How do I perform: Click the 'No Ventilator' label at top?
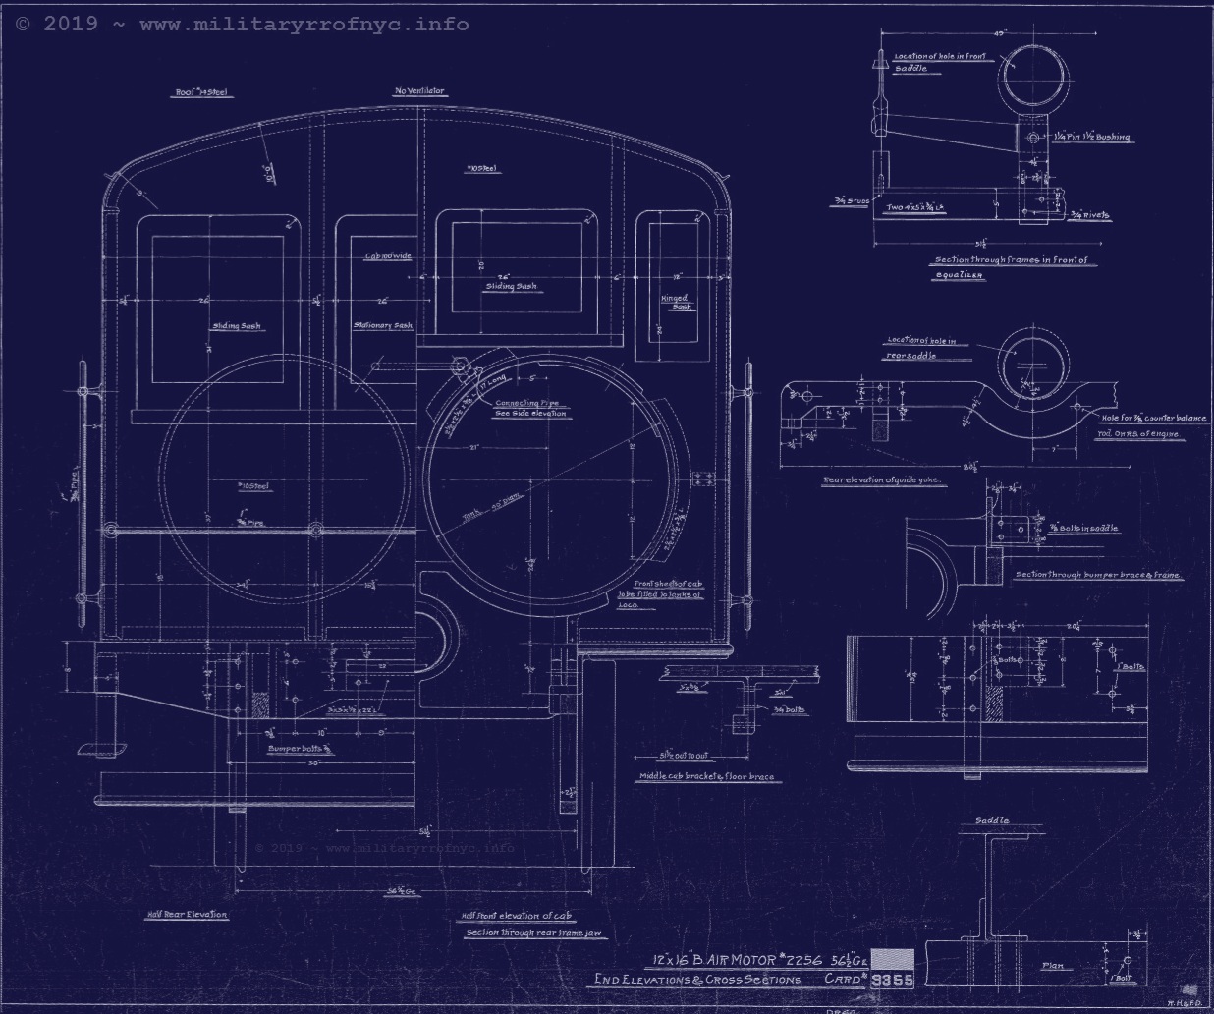point(419,91)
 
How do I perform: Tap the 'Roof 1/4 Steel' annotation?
point(202,93)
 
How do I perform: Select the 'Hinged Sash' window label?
point(676,302)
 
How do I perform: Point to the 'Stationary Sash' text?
point(383,325)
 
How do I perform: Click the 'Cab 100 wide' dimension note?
point(388,255)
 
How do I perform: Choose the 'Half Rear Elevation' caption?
point(187,914)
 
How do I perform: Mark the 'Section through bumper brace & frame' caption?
point(1097,575)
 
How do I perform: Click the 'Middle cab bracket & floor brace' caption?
point(706,776)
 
